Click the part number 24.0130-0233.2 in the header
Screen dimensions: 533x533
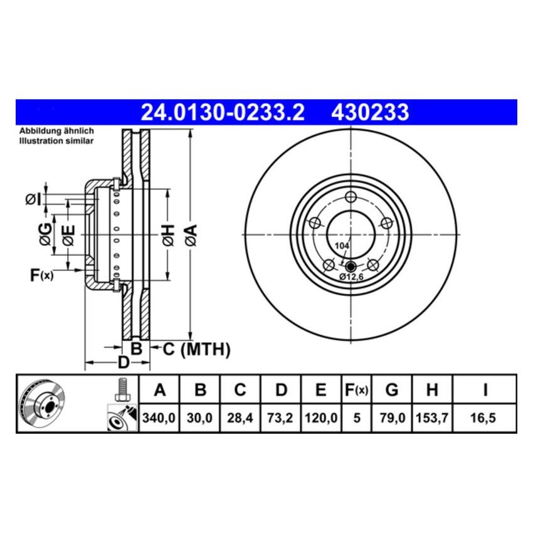pos(223,112)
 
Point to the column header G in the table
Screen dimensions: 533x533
pos(391,391)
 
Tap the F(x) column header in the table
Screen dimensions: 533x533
pos(356,391)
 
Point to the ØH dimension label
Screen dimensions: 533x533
pos(166,235)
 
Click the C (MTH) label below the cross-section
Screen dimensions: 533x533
pos(196,349)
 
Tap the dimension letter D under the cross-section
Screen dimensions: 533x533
pos(124,362)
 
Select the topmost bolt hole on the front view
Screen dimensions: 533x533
pos(351,196)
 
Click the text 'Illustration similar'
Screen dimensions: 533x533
pos(56,141)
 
